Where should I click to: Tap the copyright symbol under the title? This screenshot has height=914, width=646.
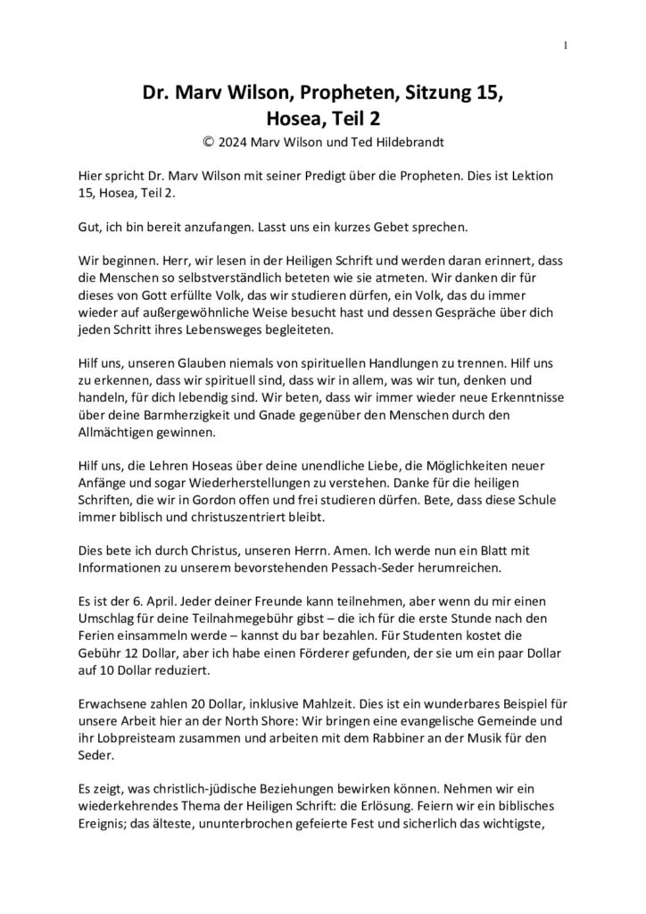(209, 140)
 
